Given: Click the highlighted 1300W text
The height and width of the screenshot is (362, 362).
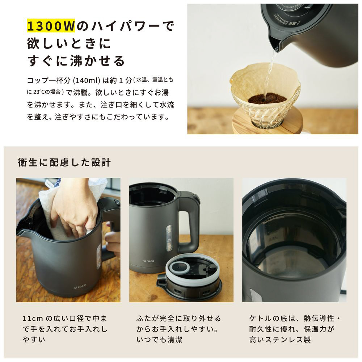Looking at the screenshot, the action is (51, 26).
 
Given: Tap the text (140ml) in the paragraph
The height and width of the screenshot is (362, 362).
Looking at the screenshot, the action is (87, 80).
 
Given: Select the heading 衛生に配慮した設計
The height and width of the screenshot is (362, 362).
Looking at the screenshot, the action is (64, 162).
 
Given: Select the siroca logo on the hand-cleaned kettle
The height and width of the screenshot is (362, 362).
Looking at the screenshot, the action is (80, 287).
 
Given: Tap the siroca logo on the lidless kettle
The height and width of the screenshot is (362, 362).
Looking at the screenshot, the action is (148, 261).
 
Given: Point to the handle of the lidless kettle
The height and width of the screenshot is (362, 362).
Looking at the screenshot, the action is (190, 222).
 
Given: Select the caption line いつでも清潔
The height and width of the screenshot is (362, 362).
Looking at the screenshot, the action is (159, 340).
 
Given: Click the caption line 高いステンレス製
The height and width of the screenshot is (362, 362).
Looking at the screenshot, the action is (280, 340).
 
